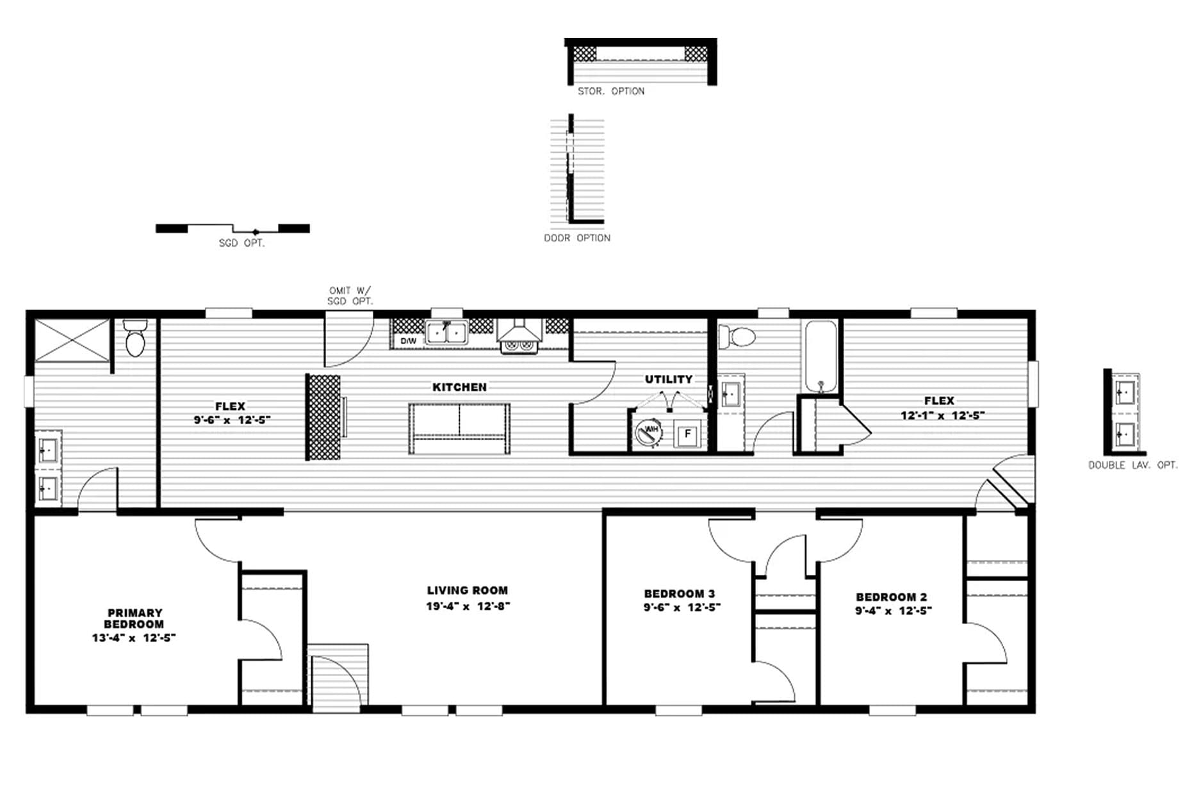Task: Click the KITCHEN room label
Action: [459, 387]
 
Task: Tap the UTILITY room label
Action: [668, 379]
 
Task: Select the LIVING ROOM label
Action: [467, 590]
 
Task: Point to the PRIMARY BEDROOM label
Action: [134, 618]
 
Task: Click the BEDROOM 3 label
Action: [679, 593]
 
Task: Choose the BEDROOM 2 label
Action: [891, 597]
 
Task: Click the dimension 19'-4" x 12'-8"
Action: [468, 606]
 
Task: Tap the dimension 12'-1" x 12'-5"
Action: [942, 415]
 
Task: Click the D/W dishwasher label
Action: [408, 341]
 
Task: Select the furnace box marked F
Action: [688, 434]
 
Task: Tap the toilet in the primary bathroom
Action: [135, 338]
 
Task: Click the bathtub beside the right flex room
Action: [821, 356]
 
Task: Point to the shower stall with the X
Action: [72, 340]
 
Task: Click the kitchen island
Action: [459, 429]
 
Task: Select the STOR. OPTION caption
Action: [611, 92]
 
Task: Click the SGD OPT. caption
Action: [241, 244]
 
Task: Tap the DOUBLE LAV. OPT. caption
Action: [1132, 465]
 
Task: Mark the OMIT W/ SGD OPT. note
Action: [350, 295]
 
